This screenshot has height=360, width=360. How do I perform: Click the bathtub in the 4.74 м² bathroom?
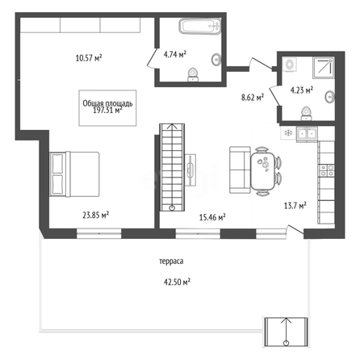pyautogui.click(x=200, y=26)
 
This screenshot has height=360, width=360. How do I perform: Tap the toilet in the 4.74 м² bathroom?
pyautogui.click(x=193, y=74)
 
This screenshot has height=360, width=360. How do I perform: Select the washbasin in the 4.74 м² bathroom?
pyautogui.click(x=216, y=60)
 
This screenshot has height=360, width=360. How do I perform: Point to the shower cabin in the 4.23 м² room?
pyautogui.click(x=324, y=68)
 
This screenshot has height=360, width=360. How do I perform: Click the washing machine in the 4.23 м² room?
pyautogui.click(x=289, y=65)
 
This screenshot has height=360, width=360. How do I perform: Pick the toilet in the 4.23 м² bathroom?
pyautogui.click(x=306, y=114)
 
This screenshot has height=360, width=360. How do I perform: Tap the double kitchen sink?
pyautogui.click(x=307, y=134)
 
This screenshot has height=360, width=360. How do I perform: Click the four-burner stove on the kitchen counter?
pyautogui.click(x=327, y=170)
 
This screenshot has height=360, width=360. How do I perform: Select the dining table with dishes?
pyautogui.click(x=263, y=171)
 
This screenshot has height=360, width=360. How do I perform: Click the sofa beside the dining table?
pyautogui.click(x=240, y=170)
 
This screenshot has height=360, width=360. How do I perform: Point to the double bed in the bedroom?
pyautogui.click(x=74, y=174)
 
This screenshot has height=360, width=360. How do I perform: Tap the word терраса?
pyautogui.click(x=171, y=262)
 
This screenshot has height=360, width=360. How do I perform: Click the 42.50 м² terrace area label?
pyautogui.click(x=177, y=283)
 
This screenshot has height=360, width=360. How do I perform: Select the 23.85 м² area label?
pyautogui.click(x=95, y=215)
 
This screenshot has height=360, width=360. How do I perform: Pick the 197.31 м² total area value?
pyautogui.click(x=107, y=111)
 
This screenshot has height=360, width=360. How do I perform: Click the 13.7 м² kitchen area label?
pyautogui.click(x=295, y=206)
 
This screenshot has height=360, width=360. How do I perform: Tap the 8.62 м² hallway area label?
pyautogui.click(x=253, y=97)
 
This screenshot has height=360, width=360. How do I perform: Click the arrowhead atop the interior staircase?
pyautogui.click(x=172, y=126)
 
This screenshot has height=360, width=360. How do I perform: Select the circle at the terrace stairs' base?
pyautogui.click(x=286, y=343)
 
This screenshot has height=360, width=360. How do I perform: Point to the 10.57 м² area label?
pyautogui.click(x=89, y=58)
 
